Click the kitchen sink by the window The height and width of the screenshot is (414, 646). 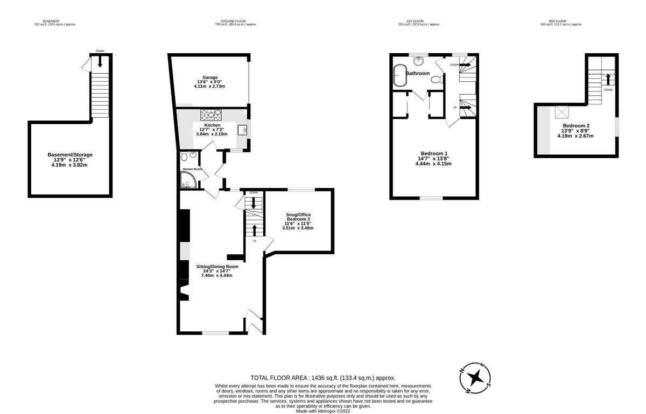(x=242, y=130)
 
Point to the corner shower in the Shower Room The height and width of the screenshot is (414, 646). (x=186, y=183)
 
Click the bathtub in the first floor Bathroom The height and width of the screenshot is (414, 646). (x=399, y=76)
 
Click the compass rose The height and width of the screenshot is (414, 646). (x=474, y=377)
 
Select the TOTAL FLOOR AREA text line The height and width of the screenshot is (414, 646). (x=322, y=379)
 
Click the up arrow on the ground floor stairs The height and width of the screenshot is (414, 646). (x=254, y=230)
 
